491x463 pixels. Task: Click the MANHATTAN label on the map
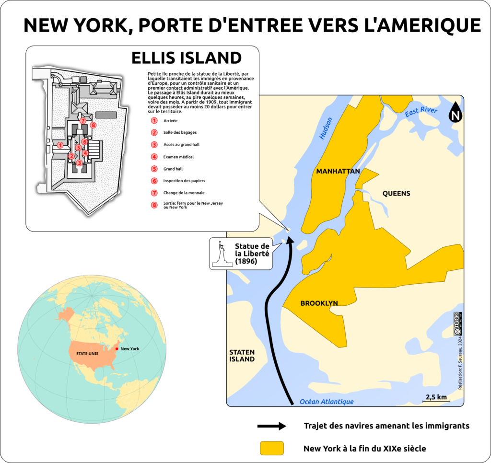tap(338, 171)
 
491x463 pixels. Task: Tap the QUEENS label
tap(396, 194)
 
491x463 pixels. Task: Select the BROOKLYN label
tap(319, 303)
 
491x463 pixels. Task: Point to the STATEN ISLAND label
tap(242, 355)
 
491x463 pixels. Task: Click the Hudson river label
tap(326, 129)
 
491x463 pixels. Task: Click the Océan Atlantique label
tap(326, 402)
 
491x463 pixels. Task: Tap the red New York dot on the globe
tap(117, 349)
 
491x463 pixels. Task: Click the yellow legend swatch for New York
tap(272, 448)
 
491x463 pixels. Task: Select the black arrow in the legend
tap(271, 426)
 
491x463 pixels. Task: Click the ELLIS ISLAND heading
tap(187, 58)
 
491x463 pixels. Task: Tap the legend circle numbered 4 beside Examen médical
tap(154, 157)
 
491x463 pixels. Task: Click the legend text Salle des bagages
tap(180, 132)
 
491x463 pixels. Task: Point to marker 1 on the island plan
tap(60, 145)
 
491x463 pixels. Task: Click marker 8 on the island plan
tap(93, 126)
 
